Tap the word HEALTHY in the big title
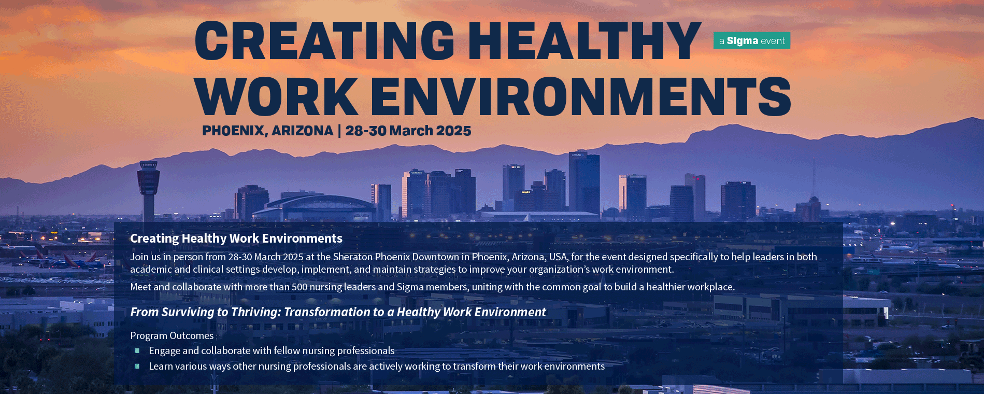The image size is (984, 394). (585, 40)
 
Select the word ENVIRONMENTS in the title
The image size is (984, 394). (581, 96)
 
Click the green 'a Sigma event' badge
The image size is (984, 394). (752, 40)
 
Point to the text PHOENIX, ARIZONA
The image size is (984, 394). (267, 131)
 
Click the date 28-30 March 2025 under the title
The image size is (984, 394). (408, 131)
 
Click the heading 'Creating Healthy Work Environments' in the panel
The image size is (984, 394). (236, 238)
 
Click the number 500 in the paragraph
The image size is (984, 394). (300, 287)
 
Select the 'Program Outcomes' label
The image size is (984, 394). (172, 336)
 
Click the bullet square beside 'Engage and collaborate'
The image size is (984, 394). (137, 351)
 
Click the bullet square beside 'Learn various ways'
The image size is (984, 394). (137, 367)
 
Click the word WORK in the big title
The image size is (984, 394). (277, 96)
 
